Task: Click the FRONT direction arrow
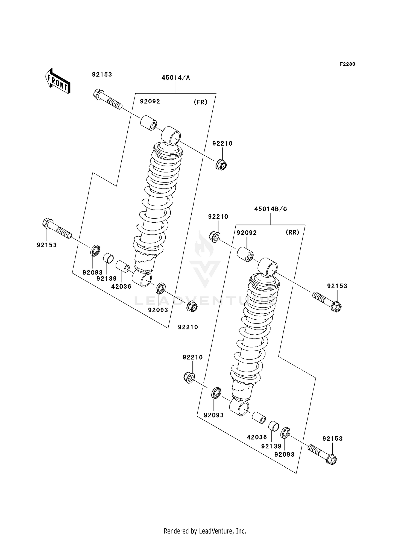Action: [x=58, y=81]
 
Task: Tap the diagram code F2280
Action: [x=347, y=64]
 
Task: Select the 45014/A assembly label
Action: [x=175, y=78]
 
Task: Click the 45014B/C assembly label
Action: [x=270, y=209]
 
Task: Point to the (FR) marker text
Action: [x=200, y=102]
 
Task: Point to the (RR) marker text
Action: [x=292, y=232]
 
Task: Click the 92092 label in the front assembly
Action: [x=150, y=101]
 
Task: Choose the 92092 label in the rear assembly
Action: [x=247, y=233]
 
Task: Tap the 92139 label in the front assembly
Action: [x=106, y=278]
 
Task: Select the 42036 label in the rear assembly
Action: [x=257, y=437]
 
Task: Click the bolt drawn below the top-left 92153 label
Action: [x=108, y=100]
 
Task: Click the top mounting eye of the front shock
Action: [x=171, y=135]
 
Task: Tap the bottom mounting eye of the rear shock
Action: [x=239, y=408]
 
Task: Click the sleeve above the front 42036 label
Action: [x=123, y=266]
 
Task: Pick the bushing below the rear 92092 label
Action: [x=245, y=254]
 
